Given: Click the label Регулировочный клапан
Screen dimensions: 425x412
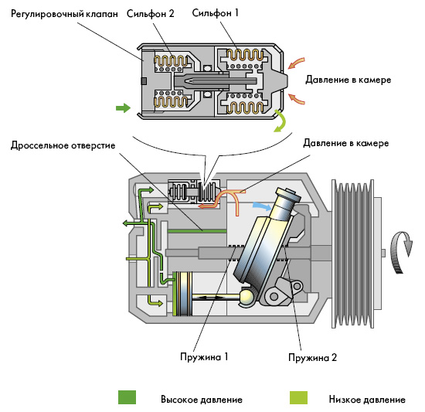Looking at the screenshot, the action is pos(64,14).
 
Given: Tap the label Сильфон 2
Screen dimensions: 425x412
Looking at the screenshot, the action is pos(151,14).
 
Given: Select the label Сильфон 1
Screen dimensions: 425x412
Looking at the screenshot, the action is pos(216,12).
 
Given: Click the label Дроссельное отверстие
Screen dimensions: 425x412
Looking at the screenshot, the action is pos(63,145).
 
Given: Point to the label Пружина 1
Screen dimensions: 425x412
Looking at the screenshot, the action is pos(204,356).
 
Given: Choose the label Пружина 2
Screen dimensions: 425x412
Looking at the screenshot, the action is pos(312,358).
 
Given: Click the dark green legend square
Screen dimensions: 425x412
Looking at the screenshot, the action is pos(127,397).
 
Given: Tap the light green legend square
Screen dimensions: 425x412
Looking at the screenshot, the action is pos(298,397).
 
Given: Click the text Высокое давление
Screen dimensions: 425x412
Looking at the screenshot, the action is pos(202,400).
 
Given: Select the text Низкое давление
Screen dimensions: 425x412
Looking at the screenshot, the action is pos(367,400).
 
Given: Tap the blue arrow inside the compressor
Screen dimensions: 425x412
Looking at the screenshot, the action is pos(262,206).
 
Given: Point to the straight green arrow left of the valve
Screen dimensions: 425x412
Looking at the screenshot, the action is pos(124,108).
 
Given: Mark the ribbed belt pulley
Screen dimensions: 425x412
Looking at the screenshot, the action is pos(354,254).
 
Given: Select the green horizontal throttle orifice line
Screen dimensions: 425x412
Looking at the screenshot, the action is pos(197,231).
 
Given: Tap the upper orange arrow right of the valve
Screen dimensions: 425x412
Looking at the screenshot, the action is pos(296,63).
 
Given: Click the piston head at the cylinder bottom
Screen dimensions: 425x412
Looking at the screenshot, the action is pos(183,294).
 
